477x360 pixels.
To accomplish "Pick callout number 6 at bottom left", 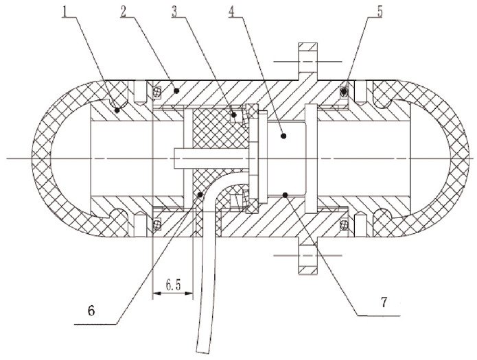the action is (91, 311).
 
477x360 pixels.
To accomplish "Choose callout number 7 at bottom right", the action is (384, 302).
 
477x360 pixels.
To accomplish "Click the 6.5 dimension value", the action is (173, 285).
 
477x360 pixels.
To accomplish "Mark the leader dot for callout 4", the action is (283, 136).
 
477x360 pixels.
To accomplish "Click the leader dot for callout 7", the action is (285, 195).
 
